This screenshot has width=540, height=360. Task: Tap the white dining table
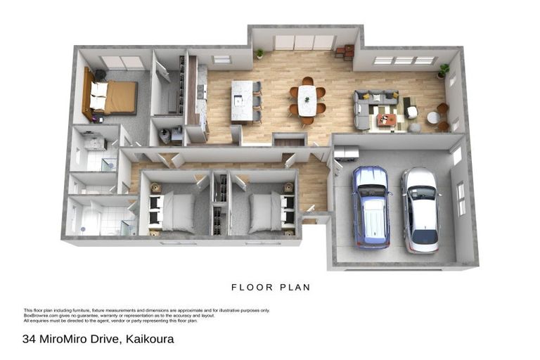click(x=307, y=100)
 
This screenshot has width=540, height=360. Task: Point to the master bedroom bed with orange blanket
click(x=112, y=98)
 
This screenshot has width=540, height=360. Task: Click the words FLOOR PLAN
click(x=271, y=288)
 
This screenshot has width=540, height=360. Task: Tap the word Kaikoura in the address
click(x=150, y=340)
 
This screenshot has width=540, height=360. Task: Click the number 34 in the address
click(x=29, y=340)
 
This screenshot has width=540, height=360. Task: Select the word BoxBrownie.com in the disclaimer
click(x=39, y=316)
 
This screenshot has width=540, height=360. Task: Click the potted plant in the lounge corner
click(x=444, y=70)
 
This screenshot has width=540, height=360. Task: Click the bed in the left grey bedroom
click(x=173, y=212)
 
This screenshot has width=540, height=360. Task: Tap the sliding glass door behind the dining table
click(x=304, y=42)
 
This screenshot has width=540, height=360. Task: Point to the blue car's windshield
click(x=371, y=194)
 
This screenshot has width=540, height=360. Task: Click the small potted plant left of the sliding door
click(x=260, y=53)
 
